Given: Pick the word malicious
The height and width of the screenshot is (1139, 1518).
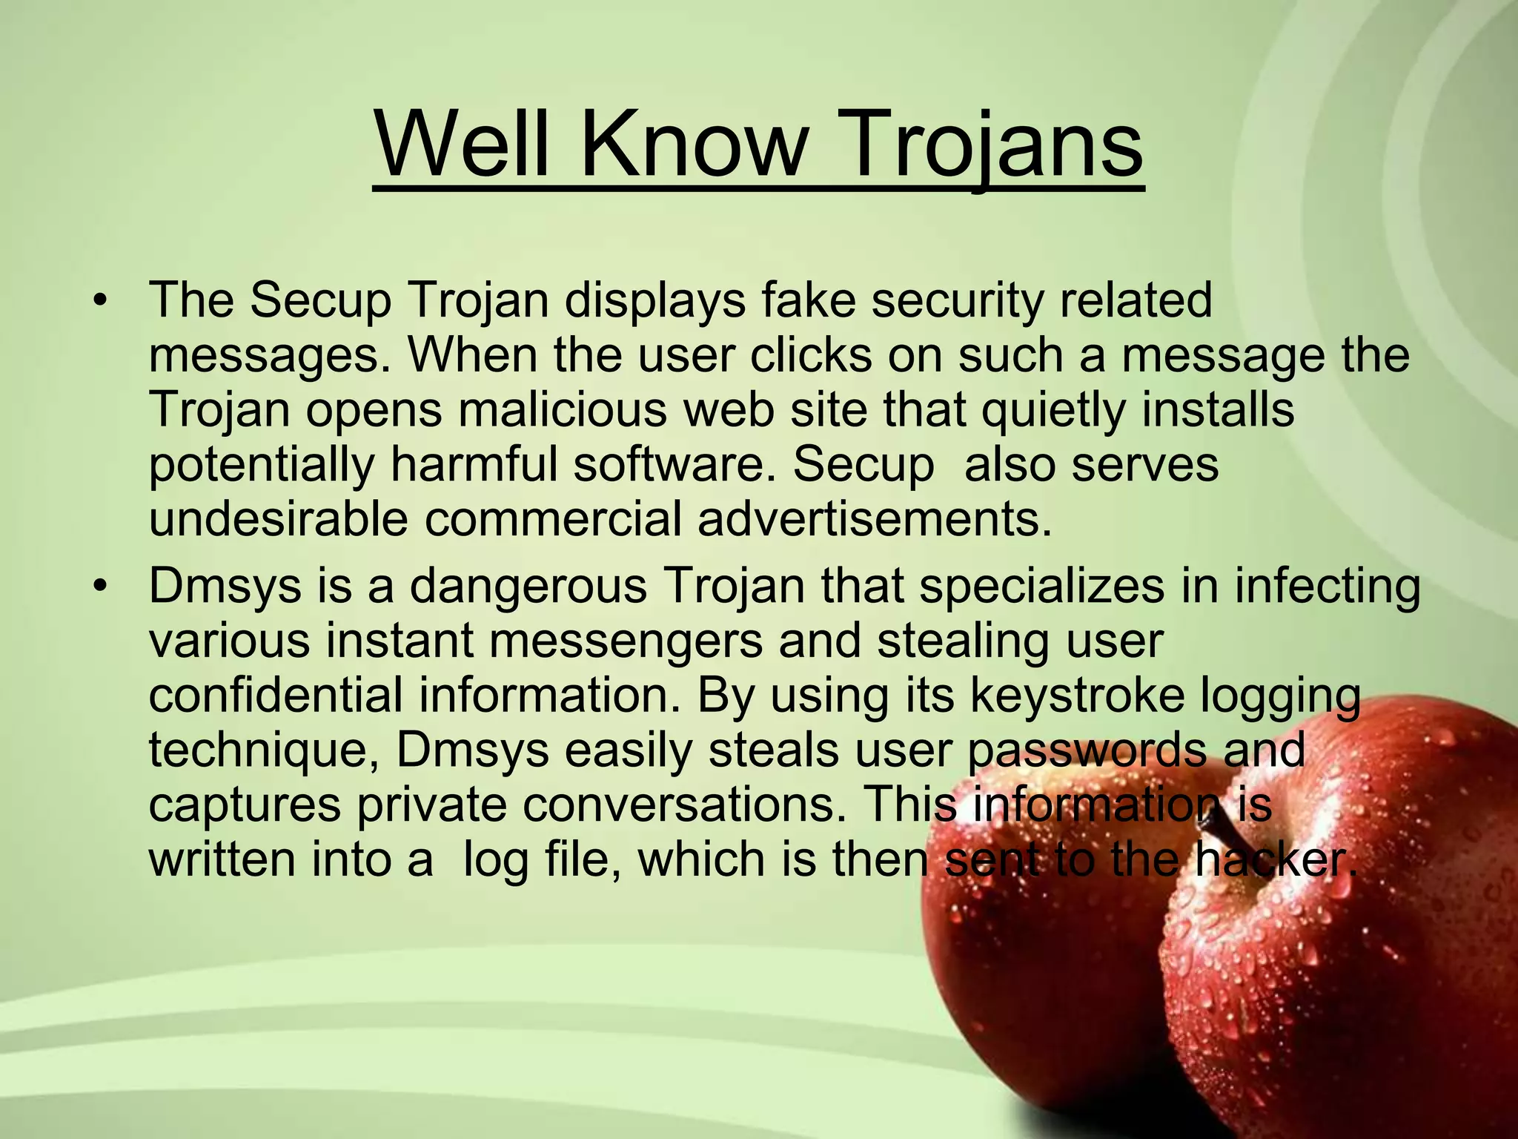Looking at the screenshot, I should [x=563, y=410].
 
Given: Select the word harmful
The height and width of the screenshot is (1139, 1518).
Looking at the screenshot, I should [x=474, y=465].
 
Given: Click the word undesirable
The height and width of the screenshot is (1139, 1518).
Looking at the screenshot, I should [x=278, y=519].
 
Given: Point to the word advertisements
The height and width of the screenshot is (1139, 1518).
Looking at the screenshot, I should [x=875, y=519].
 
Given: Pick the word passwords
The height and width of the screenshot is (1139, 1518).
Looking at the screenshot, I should [x=1087, y=750].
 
